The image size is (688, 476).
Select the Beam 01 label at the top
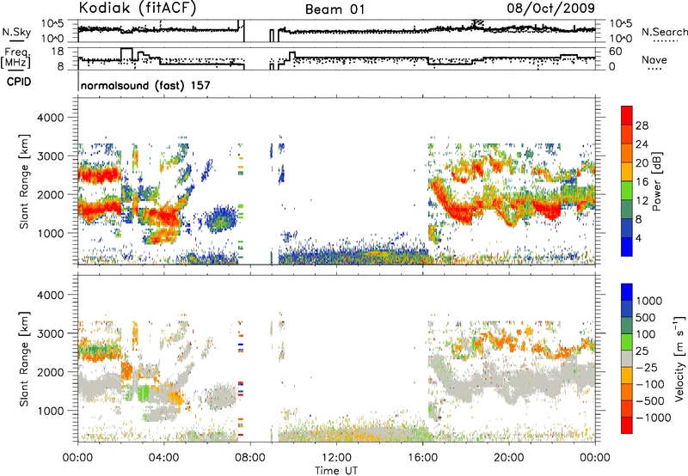coord(335,9)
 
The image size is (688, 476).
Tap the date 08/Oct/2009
coord(550,9)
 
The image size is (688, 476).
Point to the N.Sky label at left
coord(16,32)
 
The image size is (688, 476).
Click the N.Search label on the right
coord(664,32)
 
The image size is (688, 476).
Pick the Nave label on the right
coord(654,60)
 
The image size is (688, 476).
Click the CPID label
coord(19,82)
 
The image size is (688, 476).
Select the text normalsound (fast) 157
coord(145,85)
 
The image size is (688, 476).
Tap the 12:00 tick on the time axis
coord(336,457)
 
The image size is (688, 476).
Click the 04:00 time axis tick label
coord(164,457)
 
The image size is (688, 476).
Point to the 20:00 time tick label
coord(509,457)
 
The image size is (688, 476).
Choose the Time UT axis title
coord(336,470)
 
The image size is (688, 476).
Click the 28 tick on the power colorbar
coord(642,125)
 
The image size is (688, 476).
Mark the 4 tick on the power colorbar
coord(638,238)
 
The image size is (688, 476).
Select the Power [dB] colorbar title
coord(656,181)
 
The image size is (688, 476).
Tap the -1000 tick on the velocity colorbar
coord(654,418)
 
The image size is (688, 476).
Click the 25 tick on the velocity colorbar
coord(642,351)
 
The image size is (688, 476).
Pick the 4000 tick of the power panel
coord(52,118)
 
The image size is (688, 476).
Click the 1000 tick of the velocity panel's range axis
coord(52,411)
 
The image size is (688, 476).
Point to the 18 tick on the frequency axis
coord(58,52)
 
